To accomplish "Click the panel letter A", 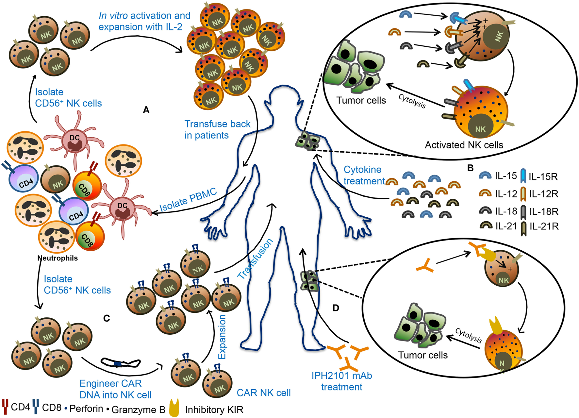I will coord(146,110).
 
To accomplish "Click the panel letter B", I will coord(471,168).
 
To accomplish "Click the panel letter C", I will coord(107,318).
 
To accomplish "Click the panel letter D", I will coord(336,308).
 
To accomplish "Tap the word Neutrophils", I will coord(58,258).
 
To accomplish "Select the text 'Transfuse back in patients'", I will coord(217,129).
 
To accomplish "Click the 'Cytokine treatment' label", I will coord(364,175).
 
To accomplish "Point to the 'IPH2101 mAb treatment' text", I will coord(342,381).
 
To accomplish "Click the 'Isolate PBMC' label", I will coord(188,200).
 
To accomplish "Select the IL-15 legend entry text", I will coord(505,176).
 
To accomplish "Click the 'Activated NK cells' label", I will coord(464,145).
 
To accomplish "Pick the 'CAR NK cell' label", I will coord(263,393).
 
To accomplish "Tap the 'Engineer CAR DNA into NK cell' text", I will coord(115,389).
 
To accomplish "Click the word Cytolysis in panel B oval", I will coord(412,101).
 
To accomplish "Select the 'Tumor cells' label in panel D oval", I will coord(422,355).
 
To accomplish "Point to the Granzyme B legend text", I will coord(138,410).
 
